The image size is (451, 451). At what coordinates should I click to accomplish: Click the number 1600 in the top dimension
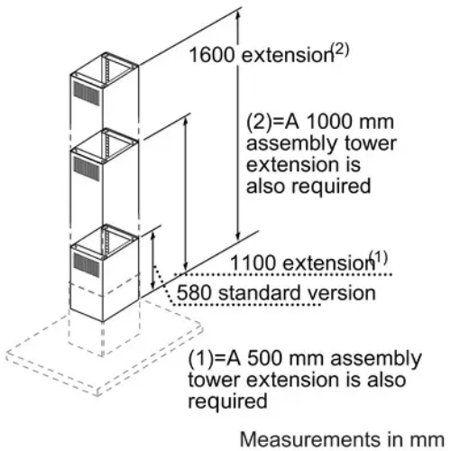coord(212,55)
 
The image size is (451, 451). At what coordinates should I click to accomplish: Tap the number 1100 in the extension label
coord(253,262)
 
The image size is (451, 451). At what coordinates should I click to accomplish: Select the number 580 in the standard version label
coord(194,292)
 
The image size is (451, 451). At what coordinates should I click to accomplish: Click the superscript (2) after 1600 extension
coord(340,51)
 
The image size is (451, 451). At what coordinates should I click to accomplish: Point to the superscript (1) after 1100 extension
coord(379,258)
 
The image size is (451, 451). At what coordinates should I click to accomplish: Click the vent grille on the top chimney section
coord(87,93)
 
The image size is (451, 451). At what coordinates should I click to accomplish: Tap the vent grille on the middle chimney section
coord(87,169)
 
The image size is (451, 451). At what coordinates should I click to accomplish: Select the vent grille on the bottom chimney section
coord(87,264)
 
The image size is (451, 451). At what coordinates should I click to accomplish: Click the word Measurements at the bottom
coord(310,439)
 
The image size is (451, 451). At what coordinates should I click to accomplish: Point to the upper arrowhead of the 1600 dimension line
coord(238,16)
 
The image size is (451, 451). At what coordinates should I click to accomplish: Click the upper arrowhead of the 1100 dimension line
coord(186,122)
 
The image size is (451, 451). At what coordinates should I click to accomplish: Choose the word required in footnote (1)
coord(227,401)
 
